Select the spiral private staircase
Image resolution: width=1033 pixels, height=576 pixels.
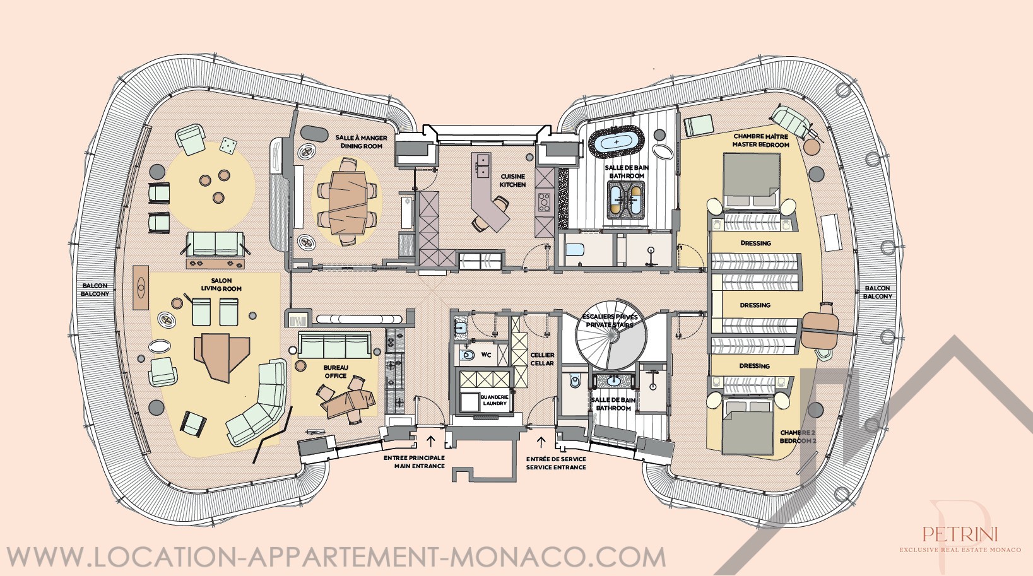609,335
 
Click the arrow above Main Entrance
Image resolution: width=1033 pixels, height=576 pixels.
431,441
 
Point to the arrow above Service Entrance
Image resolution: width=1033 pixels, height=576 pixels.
541,442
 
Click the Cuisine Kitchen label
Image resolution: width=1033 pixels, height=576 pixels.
513,180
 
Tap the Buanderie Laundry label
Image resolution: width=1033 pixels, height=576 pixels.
494,400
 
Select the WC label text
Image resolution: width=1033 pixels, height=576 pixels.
486,355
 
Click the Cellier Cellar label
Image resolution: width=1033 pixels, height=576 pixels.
542,359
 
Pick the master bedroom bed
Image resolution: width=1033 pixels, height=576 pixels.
752,180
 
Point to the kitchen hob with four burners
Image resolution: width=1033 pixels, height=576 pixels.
544,203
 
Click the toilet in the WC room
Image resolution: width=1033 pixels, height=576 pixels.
468,355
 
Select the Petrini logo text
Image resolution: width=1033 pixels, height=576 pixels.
960,534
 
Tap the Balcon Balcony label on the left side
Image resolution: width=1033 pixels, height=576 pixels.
95,290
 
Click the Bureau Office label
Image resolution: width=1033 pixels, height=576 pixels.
335,372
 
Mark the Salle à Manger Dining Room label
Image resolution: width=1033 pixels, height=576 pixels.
361,141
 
